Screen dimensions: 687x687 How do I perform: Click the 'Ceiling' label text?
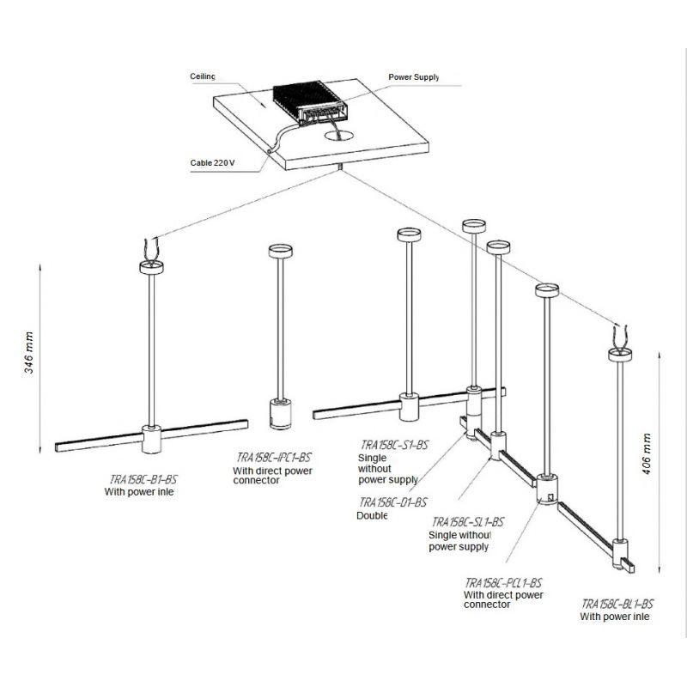(x=203, y=76)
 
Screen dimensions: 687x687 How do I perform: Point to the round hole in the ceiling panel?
(x=342, y=134)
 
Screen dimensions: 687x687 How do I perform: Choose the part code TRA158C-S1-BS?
(x=394, y=445)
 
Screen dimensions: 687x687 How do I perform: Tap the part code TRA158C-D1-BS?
(x=392, y=502)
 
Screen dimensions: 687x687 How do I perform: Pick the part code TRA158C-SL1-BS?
(x=467, y=522)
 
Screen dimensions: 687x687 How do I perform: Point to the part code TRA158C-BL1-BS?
(x=617, y=604)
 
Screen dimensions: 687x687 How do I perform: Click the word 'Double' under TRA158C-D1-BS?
(x=372, y=516)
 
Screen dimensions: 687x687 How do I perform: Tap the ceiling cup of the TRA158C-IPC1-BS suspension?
(x=280, y=252)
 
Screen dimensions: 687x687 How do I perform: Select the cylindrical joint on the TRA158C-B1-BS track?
(x=151, y=440)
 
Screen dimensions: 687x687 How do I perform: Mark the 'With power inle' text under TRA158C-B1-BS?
(x=139, y=492)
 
